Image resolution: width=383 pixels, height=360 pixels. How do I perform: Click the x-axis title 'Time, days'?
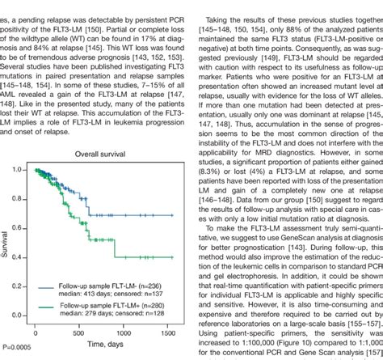(x=98, y=345)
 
